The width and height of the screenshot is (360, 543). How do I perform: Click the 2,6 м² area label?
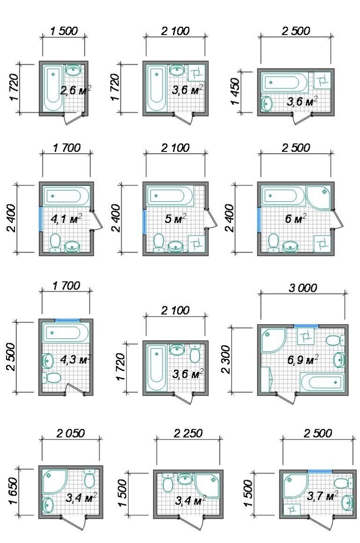coord(75,90)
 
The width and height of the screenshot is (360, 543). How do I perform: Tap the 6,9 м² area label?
coord(302,360)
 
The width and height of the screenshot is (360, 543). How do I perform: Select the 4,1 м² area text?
coord(67,219)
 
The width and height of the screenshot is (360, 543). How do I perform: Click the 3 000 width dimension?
coord(303,288)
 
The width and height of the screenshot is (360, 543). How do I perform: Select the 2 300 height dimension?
coord(225,359)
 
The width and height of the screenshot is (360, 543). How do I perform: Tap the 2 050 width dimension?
coord(70,433)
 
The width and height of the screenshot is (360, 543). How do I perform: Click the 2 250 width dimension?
coord(188,433)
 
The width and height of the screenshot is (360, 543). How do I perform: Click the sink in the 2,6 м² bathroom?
coord(74,70)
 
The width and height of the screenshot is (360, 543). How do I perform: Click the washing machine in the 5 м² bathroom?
coord(196,244)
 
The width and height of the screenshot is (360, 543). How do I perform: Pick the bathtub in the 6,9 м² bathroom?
coord(322,382)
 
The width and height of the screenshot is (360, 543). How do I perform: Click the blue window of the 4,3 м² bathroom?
coord(68,320)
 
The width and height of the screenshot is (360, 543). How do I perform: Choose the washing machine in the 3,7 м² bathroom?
coord(292,509)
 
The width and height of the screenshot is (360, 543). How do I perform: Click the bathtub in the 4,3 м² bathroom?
coord(66,333)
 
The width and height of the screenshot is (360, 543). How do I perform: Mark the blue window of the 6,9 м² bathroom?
coord(306,326)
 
